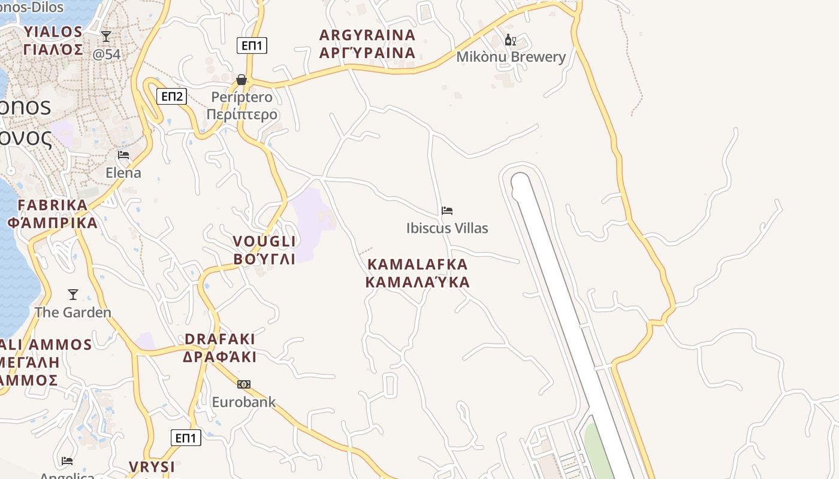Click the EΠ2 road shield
click(x=171, y=96)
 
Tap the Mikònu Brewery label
click(x=511, y=57)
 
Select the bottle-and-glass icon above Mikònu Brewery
click(x=510, y=40)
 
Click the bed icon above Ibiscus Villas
click(x=447, y=211)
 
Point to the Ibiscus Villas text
click(x=447, y=228)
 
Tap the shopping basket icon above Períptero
click(x=242, y=80)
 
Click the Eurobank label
click(x=243, y=402)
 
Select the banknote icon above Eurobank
click(x=243, y=384)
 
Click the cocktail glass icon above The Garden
click(x=73, y=295)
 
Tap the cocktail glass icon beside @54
click(x=106, y=37)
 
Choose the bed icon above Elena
click(x=123, y=155)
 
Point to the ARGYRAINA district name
click(x=367, y=35)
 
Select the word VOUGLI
click(x=264, y=241)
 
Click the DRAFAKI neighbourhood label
click(x=220, y=339)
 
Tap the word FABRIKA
click(x=53, y=205)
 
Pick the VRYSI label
click(x=152, y=466)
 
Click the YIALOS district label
click(x=53, y=32)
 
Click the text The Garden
click(x=73, y=313)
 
